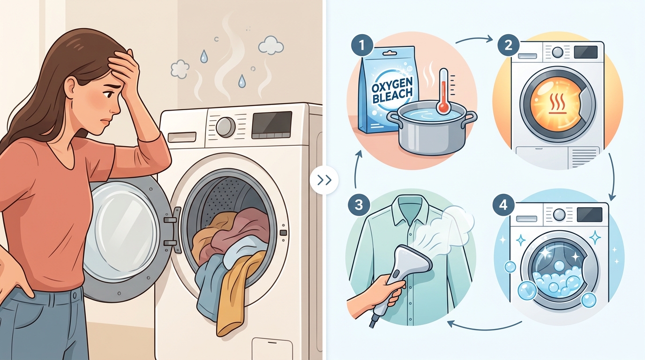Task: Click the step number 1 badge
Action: point(362,45)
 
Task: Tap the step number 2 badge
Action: point(509,45)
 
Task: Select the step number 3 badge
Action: point(359,205)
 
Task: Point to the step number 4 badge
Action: point(503,205)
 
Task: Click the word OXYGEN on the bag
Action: point(392,85)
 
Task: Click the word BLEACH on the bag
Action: point(392,97)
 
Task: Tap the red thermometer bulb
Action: point(443,107)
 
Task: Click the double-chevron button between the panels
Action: point(324,180)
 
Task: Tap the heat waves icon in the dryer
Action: point(558,104)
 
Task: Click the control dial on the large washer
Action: point(225,127)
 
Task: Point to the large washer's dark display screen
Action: point(272,125)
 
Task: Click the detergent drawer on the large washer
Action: point(182,137)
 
